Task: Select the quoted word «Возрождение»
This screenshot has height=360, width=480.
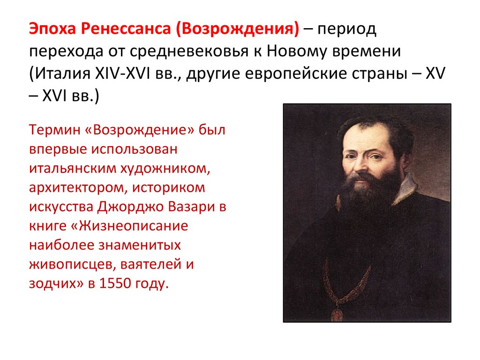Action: point(140,129)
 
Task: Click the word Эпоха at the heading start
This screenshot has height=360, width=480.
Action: point(51,30)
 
